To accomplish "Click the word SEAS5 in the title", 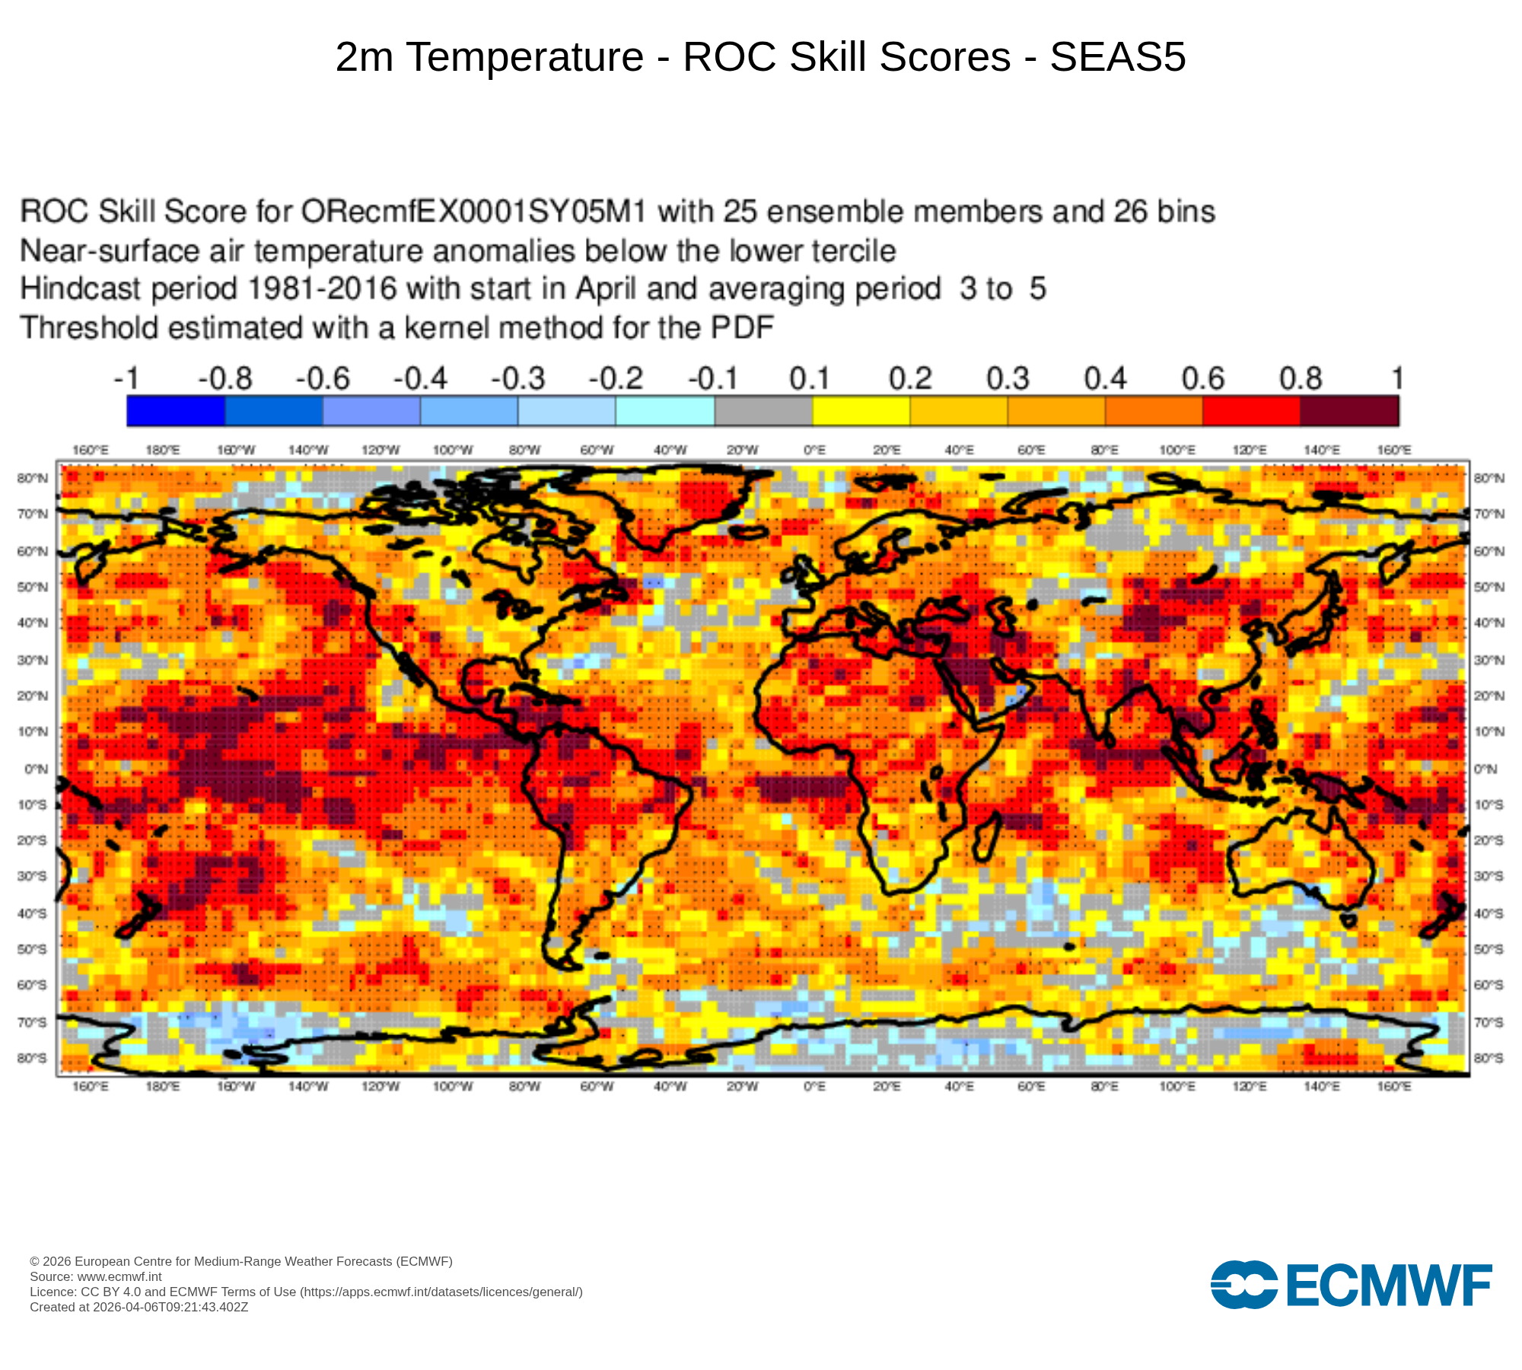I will [1117, 57].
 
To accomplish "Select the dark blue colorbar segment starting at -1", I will [176, 411].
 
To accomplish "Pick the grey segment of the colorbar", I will [763, 411].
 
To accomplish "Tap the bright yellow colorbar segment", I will [861, 411].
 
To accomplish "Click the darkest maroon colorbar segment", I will [1349, 411].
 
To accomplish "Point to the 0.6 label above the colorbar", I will [1202, 378].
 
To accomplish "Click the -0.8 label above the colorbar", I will [224, 378].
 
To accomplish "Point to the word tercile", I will [851, 251].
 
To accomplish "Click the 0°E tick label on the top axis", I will [814, 451].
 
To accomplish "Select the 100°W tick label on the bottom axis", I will [453, 1086].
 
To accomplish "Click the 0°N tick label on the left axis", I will [36, 769].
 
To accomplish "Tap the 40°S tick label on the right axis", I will [1488, 913].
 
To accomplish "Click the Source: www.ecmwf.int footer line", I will [96, 1276].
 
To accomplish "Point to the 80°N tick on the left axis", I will [33, 478].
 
